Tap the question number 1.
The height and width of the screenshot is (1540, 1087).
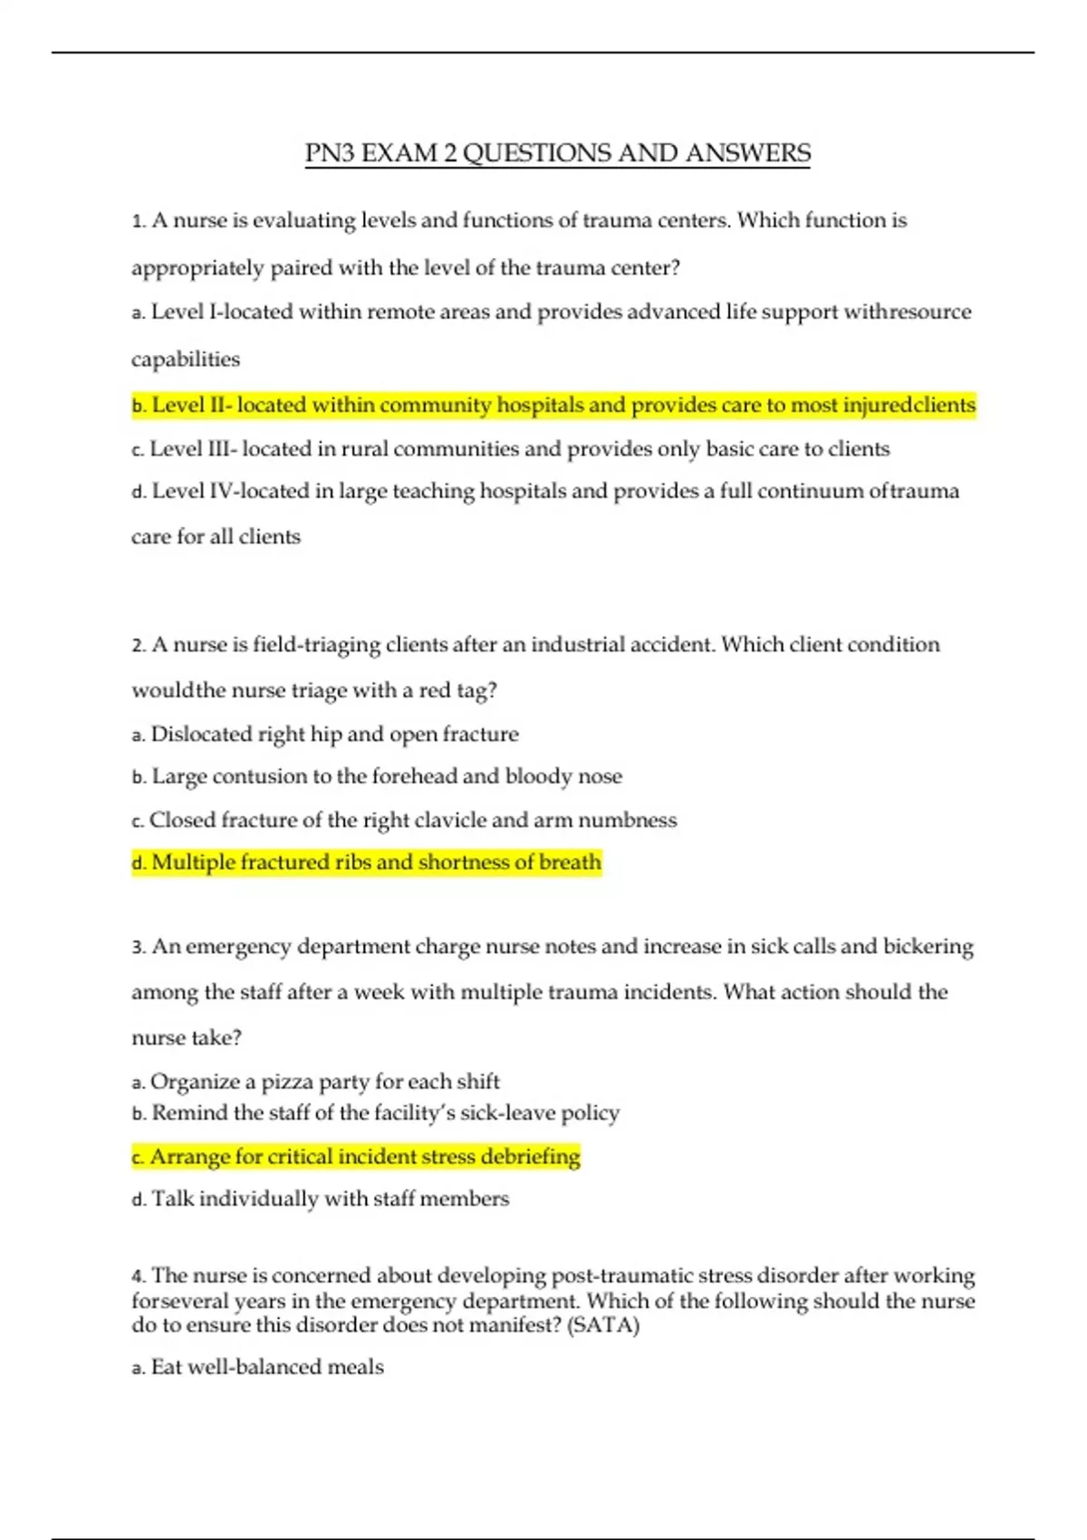[138, 221]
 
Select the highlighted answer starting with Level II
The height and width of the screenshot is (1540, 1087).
[553, 405]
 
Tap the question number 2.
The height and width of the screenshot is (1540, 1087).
[138, 645]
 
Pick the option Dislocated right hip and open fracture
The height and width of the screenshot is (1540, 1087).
[334, 734]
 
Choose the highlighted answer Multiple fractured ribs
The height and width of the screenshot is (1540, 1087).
[367, 862]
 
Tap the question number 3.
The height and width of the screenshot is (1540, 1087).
[138, 947]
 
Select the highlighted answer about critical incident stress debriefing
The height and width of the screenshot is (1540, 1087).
[356, 1157]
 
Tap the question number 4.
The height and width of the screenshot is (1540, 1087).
[138, 1276]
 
